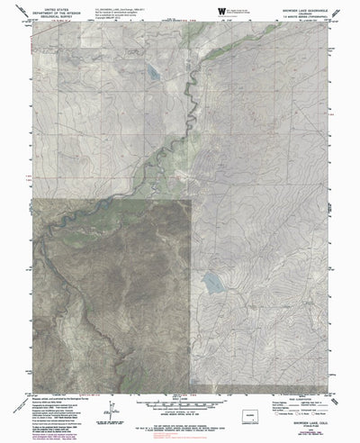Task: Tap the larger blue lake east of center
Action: (213, 284)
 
